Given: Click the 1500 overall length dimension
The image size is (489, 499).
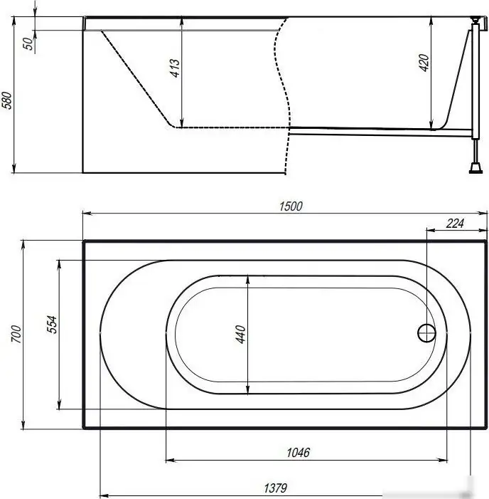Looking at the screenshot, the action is (x=291, y=206).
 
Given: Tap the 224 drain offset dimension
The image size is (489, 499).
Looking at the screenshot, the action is (x=455, y=224).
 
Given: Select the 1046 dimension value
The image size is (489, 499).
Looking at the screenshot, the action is (x=298, y=452).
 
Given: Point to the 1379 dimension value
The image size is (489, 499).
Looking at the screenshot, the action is (x=275, y=488).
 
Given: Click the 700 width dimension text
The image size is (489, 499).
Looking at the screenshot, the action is (x=16, y=334).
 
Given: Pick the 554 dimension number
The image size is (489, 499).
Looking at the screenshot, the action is (x=52, y=325).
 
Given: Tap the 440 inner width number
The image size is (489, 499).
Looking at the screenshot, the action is (x=240, y=334).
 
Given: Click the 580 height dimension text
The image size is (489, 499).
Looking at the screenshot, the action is (x=7, y=100).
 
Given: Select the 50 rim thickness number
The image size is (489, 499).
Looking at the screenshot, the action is (x=28, y=43).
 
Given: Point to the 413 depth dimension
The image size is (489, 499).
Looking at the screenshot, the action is (x=174, y=68).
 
